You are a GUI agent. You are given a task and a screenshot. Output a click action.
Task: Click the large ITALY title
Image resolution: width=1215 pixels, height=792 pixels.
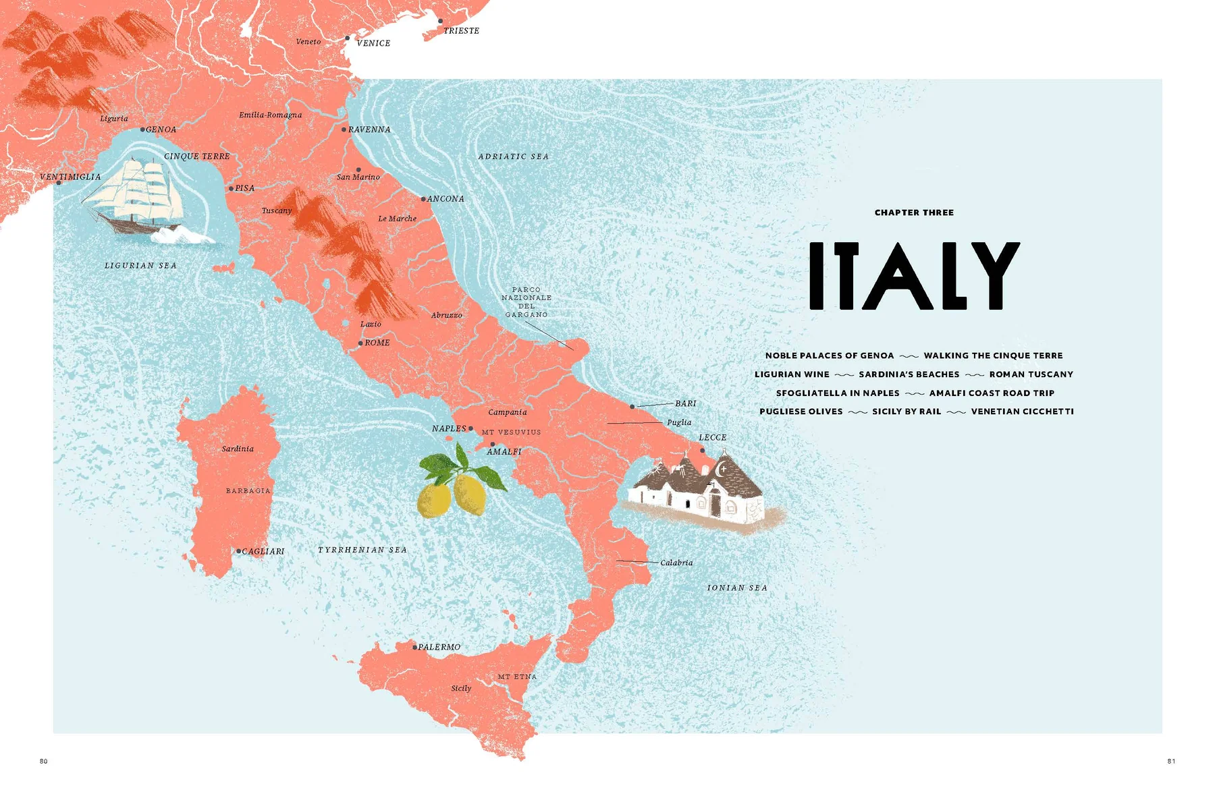pyautogui.click(x=915, y=276)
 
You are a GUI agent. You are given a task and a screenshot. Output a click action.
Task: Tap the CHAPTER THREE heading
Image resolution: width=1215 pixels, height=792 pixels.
pyautogui.click(x=914, y=213)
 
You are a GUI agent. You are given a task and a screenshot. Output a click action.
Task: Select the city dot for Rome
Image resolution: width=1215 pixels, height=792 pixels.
pyautogui.click(x=360, y=343)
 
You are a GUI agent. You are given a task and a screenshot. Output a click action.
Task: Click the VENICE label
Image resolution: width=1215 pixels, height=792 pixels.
pyautogui.click(x=373, y=43)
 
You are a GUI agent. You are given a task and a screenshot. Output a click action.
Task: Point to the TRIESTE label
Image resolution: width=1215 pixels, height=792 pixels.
pyautogui.click(x=461, y=31)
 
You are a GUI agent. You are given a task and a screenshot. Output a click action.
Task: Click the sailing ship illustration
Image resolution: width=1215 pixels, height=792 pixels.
pyautogui.click(x=138, y=196)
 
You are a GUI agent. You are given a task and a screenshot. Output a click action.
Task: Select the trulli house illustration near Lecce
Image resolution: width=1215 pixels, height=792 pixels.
pyautogui.click(x=699, y=492)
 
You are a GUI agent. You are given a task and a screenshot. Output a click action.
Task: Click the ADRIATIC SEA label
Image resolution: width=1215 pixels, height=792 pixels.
pyautogui.click(x=514, y=157)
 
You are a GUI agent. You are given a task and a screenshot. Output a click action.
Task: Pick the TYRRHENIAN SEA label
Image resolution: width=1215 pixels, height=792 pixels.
pyautogui.click(x=362, y=550)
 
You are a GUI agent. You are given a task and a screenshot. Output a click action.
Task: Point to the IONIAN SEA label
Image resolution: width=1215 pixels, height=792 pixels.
pyautogui.click(x=737, y=588)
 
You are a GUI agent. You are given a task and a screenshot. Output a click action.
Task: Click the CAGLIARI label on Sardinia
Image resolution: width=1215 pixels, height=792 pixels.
pyautogui.click(x=263, y=551)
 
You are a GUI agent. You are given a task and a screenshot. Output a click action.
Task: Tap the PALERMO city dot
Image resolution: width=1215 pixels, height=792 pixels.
pyautogui.click(x=415, y=647)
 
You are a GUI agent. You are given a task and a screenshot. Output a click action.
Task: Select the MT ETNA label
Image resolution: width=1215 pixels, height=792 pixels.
pyautogui.click(x=517, y=677)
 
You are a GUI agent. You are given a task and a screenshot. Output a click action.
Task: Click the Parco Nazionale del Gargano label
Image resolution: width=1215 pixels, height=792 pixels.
pyautogui.click(x=526, y=302)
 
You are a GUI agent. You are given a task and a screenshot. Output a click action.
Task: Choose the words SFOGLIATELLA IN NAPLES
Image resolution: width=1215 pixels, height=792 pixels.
pyautogui.click(x=838, y=393)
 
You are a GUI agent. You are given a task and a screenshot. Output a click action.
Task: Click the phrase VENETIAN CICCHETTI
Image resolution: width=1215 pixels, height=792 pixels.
pyautogui.click(x=1022, y=412)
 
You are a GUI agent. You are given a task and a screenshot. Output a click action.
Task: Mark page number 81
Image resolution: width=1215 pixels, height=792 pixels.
pyautogui.click(x=1171, y=761)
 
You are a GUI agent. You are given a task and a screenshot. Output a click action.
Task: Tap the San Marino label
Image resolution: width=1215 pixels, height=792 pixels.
pyautogui.click(x=358, y=177)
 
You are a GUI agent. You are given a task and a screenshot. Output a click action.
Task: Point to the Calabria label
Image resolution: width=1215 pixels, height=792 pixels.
pyautogui.click(x=676, y=563)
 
